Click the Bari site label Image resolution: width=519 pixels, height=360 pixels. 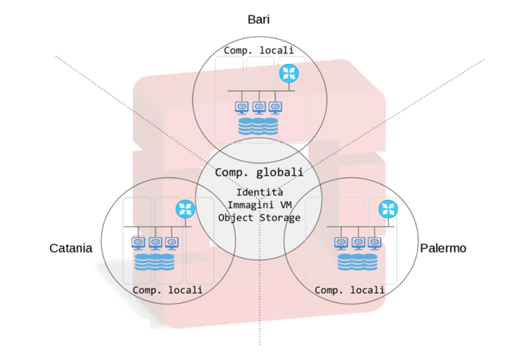coord(259,20)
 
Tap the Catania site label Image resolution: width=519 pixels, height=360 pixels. coord(71,248)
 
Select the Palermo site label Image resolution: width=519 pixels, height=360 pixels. coord(443,248)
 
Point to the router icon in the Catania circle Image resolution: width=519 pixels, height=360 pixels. coord(184,209)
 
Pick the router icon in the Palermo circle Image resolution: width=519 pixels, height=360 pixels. coord(388,209)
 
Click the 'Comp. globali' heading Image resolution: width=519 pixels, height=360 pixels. coord(259,172)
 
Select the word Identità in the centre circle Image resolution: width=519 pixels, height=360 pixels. coord(259,192)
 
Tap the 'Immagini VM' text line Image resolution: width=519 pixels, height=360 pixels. coord(259,204)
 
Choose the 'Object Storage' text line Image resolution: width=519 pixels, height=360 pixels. coord(259,217)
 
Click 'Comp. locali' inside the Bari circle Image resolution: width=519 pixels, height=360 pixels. coord(259,50)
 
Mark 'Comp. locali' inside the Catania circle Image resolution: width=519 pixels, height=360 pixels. coord(167,290)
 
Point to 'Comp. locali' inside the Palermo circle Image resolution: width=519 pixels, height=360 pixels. coord(350,290)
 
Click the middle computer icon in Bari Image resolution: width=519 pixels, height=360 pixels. coord(259,107)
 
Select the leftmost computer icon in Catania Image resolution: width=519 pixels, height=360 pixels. coord(138,243)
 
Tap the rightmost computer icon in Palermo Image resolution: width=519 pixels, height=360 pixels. coord(374,243)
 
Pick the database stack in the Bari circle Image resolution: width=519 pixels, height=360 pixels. coord(258,126)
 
